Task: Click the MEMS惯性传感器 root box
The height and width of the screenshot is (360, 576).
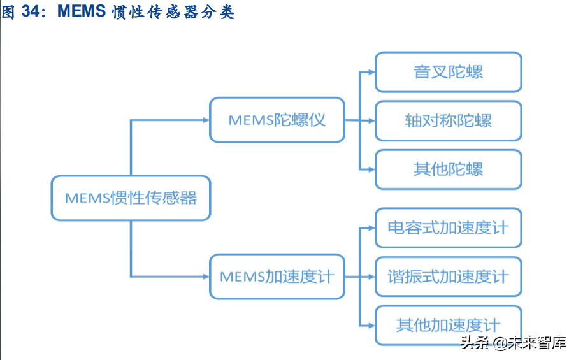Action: pos(131,198)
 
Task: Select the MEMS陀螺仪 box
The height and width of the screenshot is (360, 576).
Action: pos(277,120)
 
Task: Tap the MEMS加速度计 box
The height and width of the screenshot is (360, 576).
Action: pos(277,277)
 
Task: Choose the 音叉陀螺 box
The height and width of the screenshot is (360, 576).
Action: pos(449,72)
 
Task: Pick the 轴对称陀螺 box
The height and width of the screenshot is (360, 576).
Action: pos(449,120)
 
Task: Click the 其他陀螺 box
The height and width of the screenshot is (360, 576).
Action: pos(449,169)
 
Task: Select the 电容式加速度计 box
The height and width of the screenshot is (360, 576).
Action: pos(449,228)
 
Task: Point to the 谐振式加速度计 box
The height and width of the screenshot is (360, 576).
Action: pos(449,277)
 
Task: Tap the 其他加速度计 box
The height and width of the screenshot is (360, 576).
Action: pos(449,326)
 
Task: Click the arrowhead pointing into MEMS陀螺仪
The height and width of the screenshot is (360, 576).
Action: pos(205,120)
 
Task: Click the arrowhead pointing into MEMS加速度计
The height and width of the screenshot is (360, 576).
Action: pos(205,277)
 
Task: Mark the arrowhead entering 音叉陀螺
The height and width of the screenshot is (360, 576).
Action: pos(371,72)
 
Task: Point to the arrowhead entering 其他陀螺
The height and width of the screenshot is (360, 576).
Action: pos(371,169)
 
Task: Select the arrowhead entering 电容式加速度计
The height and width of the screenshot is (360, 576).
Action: pos(371,228)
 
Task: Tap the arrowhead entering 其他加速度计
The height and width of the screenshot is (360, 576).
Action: pos(371,326)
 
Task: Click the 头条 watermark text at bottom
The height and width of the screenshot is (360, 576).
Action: pos(473,344)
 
